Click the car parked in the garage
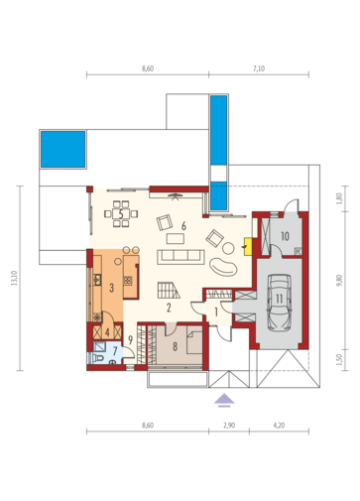pos(279,303)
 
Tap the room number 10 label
pos(285,236)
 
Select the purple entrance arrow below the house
pos(224,400)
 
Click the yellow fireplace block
pos(248,247)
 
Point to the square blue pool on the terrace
pos(62,149)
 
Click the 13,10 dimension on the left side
pos(14,278)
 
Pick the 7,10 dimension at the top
pos(259,68)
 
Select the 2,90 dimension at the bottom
pos(229,426)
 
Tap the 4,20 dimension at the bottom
pos(279,426)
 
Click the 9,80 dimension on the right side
pos(340,280)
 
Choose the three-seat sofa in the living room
pos(180,257)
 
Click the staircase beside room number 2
pos(169,290)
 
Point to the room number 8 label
pos(175,346)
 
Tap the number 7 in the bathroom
pos(115,351)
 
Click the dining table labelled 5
pos(121,214)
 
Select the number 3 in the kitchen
pos(111,288)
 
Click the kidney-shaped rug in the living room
pos(223,266)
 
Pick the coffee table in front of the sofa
pos(176,238)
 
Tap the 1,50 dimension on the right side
pos(340,360)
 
